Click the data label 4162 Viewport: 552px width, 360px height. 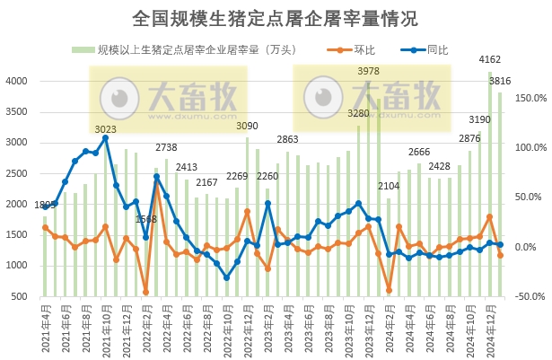pyautogui.click(x=490, y=61)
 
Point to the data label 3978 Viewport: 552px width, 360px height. pyautogui.click(x=368, y=71)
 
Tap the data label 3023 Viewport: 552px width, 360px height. pyautogui.click(x=105, y=128)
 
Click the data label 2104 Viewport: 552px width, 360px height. pyautogui.click(x=389, y=186)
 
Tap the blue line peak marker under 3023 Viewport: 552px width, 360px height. pyautogui.click(x=105, y=138)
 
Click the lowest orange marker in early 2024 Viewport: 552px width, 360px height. pyautogui.click(x=389, y=290)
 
